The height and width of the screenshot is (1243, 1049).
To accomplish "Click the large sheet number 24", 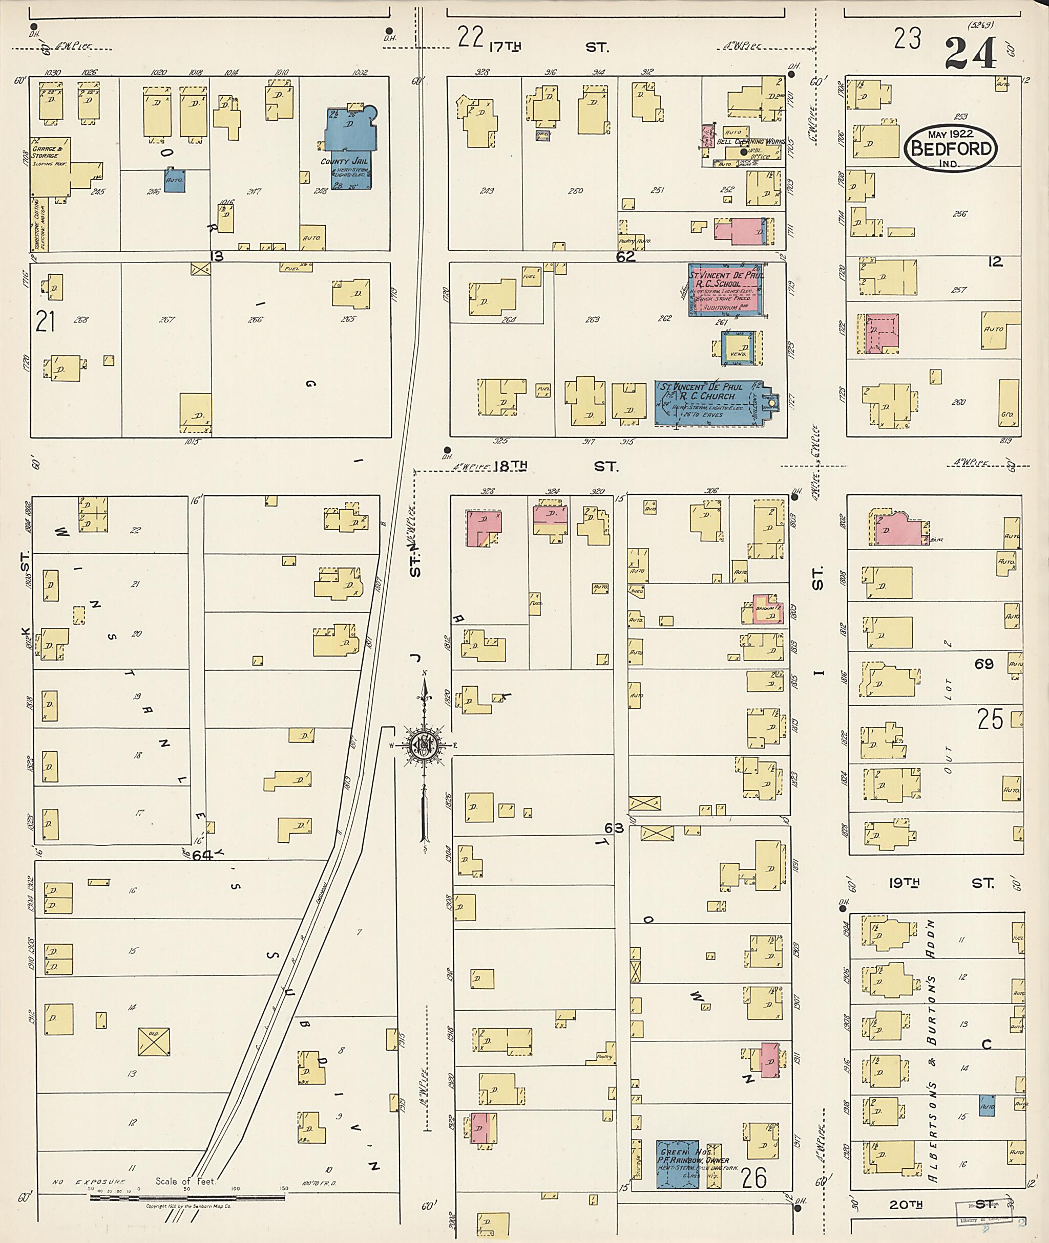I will [970, 53].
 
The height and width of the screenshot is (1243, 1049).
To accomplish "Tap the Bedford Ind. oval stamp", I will [951, 148].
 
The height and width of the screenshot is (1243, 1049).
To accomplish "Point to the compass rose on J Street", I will [425, 743].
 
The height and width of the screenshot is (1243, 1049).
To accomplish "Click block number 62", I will [625, 257].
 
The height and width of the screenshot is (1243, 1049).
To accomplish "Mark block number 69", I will [983, 664].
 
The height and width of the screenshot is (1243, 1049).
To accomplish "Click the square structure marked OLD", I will [154, 1041].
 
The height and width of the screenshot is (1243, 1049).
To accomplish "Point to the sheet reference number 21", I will [46, 321].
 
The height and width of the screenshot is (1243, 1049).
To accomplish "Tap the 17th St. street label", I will [550, 47].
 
